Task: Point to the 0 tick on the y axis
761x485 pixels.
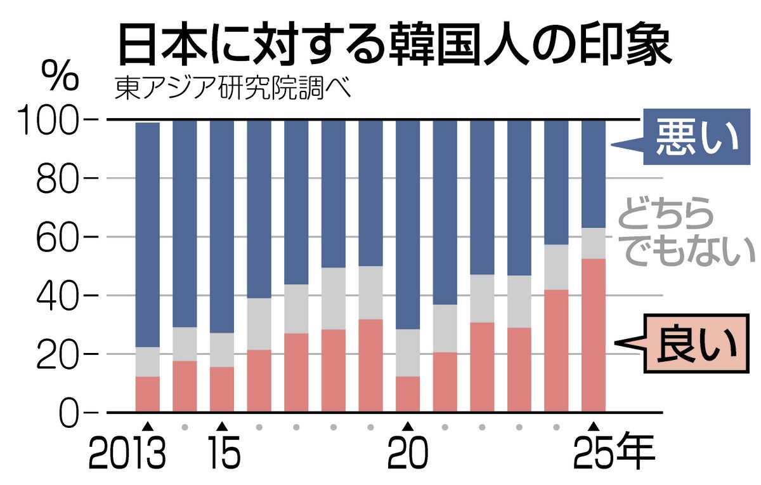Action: click(72, 413)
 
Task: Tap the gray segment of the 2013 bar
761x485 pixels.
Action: click(147, 362)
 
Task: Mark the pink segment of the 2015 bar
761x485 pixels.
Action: click(222, 389)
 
